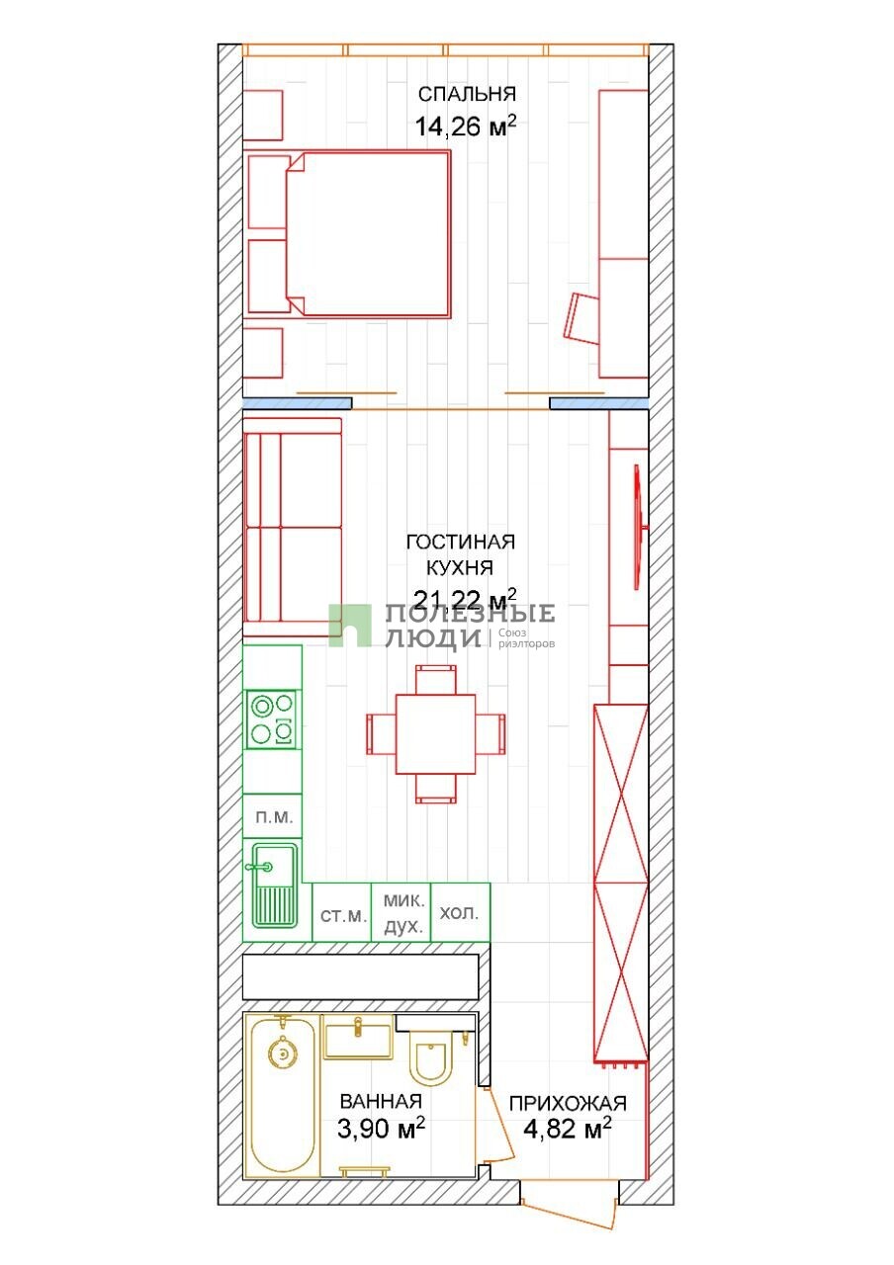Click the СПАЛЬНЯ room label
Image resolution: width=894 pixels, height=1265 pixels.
point(467,94)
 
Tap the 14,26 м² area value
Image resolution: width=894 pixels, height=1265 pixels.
point(466,126)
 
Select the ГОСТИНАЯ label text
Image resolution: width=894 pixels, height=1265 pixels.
point(461,543)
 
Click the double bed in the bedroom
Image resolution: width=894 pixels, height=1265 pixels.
point(369,232)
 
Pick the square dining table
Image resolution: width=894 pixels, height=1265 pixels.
point(436,734)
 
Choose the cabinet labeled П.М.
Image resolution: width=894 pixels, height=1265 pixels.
point(272,816)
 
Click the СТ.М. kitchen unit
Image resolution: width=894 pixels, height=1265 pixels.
point(342,912)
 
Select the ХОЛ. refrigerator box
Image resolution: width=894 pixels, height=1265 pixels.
point(461,912)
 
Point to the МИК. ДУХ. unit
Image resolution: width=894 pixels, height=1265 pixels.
point(402,912)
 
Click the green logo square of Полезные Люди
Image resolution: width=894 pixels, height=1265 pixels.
point(350,626)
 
